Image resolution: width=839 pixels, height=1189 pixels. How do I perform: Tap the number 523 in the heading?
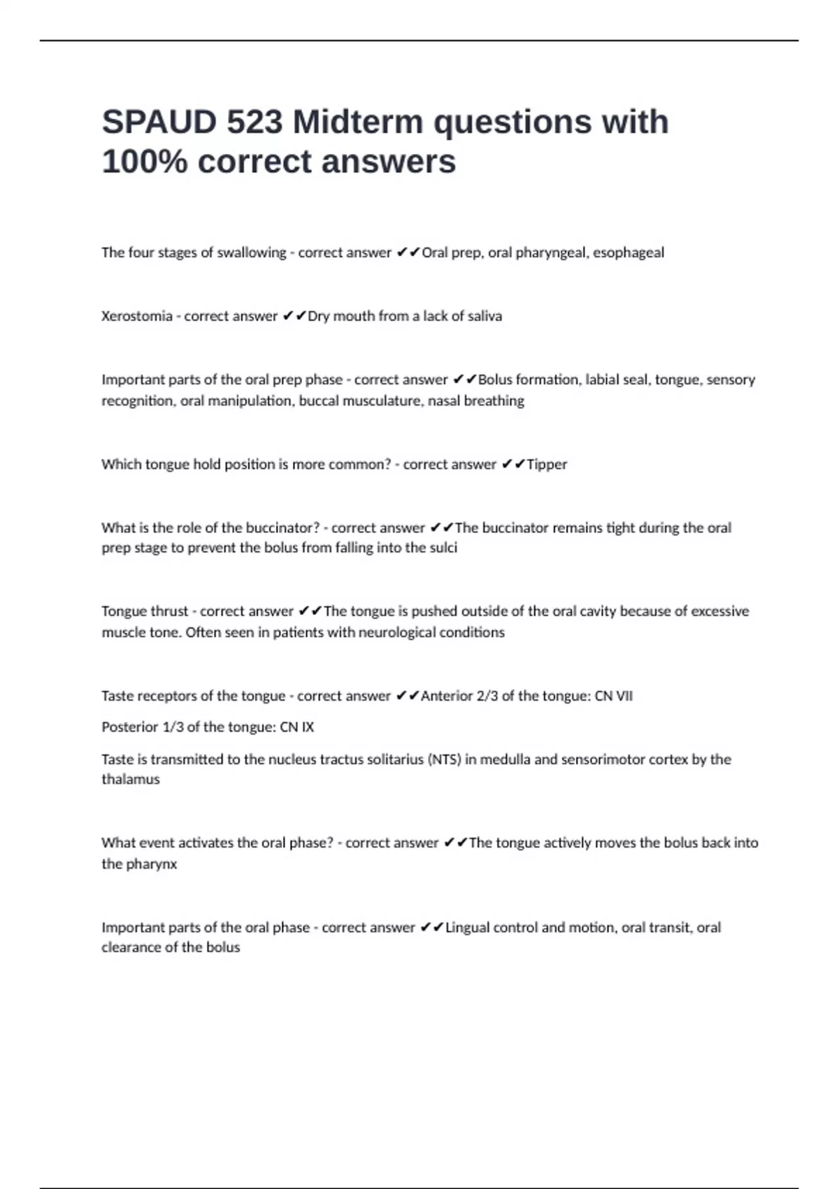(254, 122)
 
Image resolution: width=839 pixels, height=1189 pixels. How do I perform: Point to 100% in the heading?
(145, 162)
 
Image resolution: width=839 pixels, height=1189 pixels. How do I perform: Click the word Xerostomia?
(137, 316)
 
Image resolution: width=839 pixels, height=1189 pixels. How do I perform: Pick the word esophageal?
(629, 252)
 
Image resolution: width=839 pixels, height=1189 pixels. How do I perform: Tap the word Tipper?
(547, 464)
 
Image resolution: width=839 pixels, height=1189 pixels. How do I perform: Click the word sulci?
(442, 548)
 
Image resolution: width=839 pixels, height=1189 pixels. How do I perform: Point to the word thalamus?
(131, 779)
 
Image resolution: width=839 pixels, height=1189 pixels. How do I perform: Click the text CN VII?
(613, 696)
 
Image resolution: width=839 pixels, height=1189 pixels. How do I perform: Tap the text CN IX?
(297, 727)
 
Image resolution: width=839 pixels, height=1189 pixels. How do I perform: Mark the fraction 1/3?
(172, 727)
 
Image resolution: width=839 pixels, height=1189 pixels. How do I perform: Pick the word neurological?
(396, 632)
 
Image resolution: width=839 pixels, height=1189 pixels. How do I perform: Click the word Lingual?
(468, 927)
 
